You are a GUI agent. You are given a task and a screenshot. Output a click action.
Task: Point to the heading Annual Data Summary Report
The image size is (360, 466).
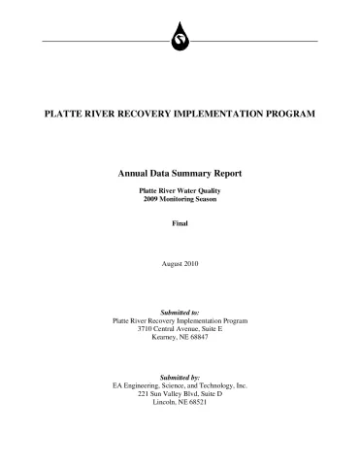(x=180, y=173)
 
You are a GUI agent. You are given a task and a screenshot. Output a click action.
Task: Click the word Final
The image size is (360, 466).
(x=180, y=223)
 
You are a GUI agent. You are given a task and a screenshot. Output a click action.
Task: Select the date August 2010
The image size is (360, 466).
(x=180, y=264)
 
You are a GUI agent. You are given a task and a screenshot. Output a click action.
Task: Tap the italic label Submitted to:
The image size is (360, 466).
(x=180, y=312)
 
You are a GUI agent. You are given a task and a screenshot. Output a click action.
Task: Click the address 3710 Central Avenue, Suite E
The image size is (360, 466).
(x=180, y=328)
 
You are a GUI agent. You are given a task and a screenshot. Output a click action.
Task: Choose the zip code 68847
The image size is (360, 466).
(x=199, y=337)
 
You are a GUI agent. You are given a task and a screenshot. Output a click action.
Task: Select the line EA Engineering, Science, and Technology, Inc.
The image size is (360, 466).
(x=180, y=385)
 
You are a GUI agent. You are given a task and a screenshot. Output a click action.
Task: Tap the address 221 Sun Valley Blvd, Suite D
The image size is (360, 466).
(x=180, y=393)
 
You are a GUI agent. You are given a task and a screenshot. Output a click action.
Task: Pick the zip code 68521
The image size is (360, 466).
(x=197, y=402)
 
